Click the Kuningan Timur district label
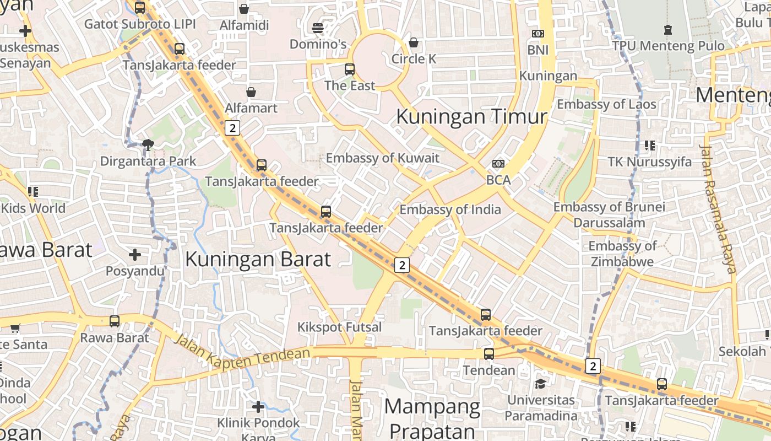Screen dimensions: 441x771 pos(471,117)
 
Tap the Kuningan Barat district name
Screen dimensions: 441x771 pos(258,259)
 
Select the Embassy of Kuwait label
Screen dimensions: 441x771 pos(383,158)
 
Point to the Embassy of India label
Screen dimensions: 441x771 pos(450,209)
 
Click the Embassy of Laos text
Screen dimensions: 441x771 pos(606,104)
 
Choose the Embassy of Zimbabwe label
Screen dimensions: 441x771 pos(622,254)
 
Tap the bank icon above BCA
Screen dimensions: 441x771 pos(498,164)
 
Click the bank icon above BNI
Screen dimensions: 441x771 pos(537,34)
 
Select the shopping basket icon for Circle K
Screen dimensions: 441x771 pos(414,42)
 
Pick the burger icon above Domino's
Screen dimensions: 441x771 pos(318,28)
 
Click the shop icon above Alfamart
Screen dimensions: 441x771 pos(251,92)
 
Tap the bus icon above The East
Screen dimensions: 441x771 pos(350,69)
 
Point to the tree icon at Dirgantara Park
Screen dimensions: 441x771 pos(148,145)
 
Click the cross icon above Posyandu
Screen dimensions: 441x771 pos(135,255)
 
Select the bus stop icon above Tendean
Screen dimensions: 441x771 pos(488,354)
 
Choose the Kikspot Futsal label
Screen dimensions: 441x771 pos(339,327)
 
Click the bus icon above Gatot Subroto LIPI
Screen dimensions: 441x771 pos(140,8)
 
